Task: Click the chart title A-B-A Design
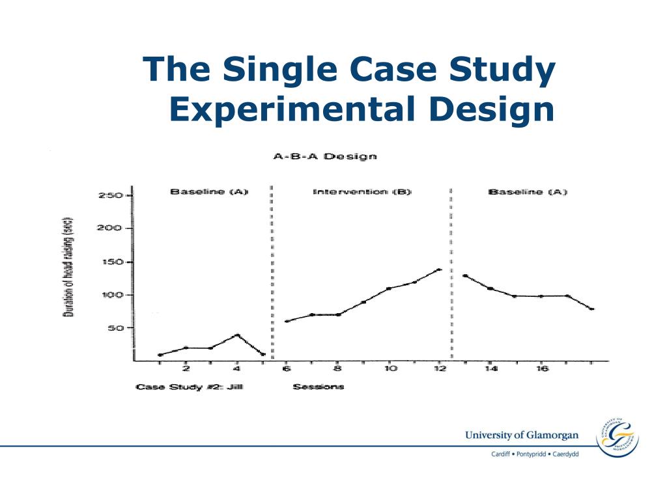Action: tap(324, 156)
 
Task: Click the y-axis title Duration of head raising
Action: tap(68, 267)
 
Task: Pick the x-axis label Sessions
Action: tap(319, 387)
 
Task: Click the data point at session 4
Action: tap(237, 335)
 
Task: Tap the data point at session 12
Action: tap(439, 270)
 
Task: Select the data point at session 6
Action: tap(287, 321)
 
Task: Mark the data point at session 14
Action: tap(490, 288)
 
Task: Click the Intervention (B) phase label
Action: tap(362, 192)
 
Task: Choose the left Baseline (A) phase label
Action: tap(209, 192)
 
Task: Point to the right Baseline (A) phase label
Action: tap(528, 192)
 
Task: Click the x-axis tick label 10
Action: tap(389, 369)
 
